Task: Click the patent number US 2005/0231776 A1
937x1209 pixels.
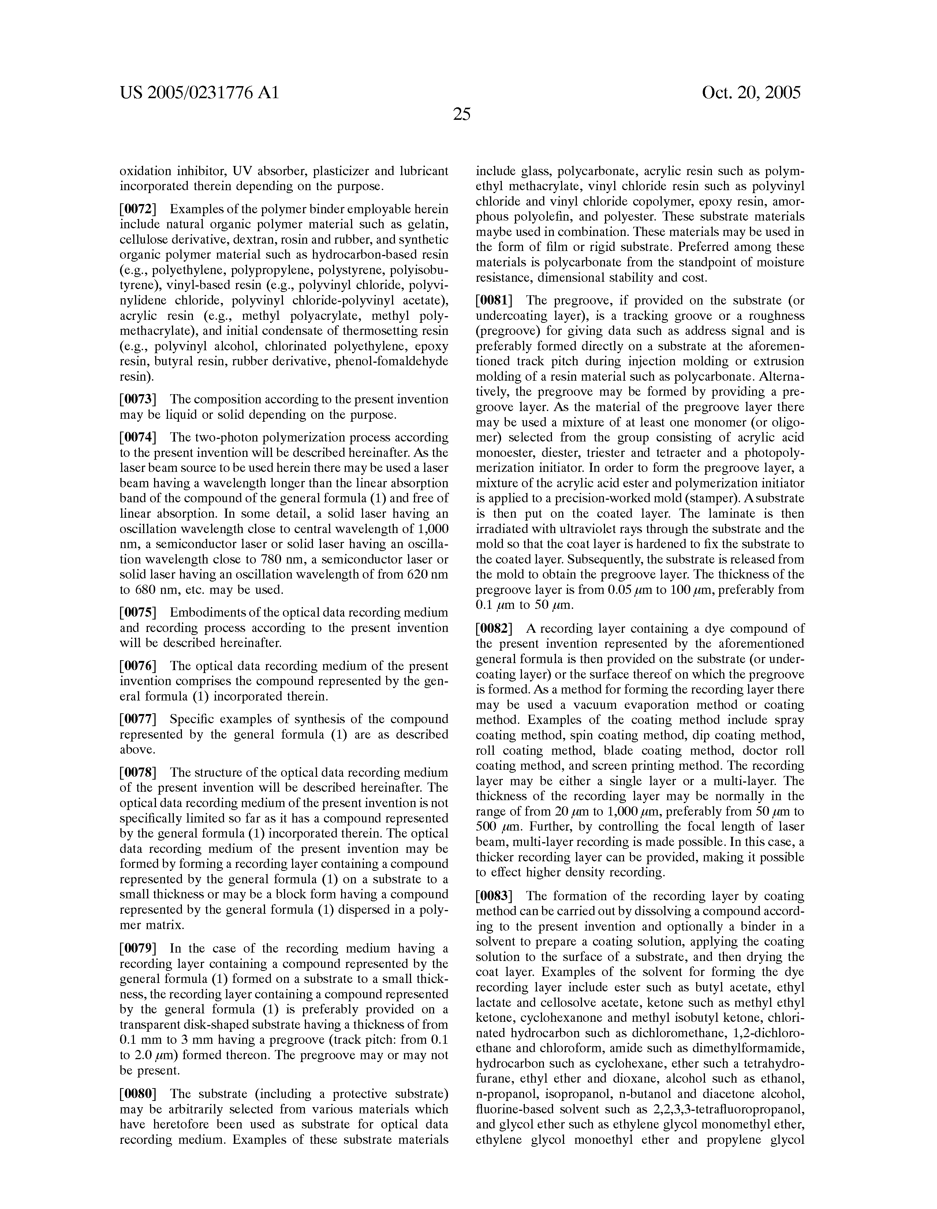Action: click(x=199, y=92)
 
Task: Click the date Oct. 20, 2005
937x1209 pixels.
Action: click(x=751, y=92)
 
